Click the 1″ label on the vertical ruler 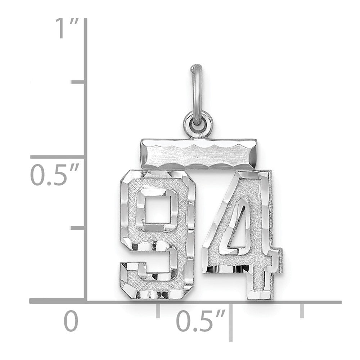65,29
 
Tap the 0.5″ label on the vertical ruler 54,176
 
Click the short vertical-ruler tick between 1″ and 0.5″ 78,83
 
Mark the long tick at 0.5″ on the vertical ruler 58,157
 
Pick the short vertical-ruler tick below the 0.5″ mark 78,228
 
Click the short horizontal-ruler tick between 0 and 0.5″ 158,310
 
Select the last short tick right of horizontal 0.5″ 302,310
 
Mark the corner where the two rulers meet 86,301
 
